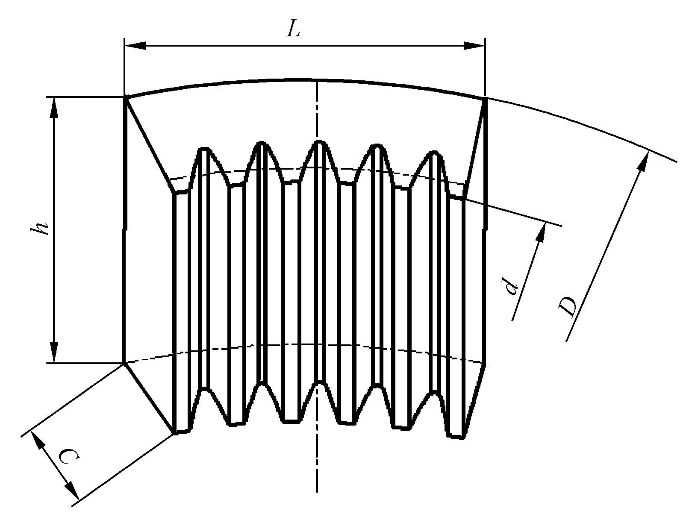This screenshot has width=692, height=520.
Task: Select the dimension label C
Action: click(68, 457)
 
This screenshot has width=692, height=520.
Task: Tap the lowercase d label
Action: click(511, 288)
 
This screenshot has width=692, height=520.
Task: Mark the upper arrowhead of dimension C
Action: click(38, 440)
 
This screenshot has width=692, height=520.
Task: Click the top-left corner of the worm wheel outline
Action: click(125, 98)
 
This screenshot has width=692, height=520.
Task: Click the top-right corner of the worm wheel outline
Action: click(486, 99)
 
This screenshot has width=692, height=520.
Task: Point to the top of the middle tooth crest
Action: click(319, 142)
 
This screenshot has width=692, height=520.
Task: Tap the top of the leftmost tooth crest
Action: click(205, 149)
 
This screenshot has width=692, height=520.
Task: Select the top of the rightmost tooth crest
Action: click(434, 153)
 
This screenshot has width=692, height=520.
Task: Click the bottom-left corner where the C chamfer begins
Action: click(124, 364)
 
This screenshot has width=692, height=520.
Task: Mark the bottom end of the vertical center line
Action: click(317, 491)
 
